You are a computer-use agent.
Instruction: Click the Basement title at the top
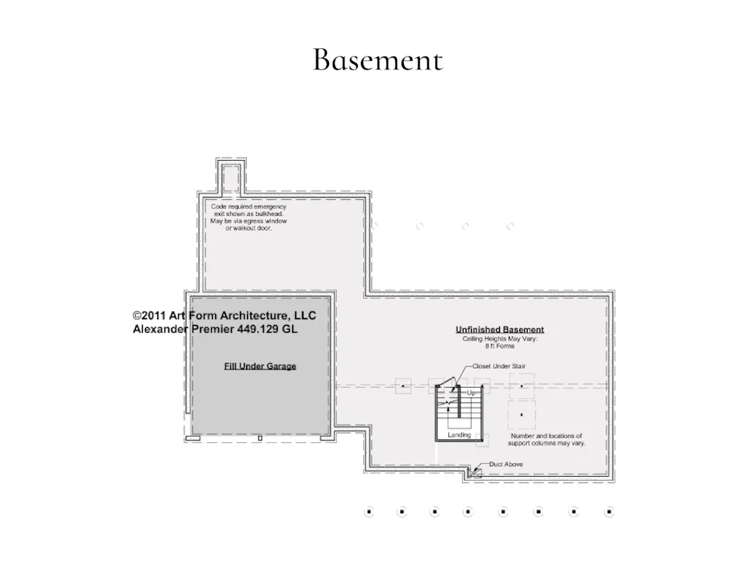[x=377, y=60]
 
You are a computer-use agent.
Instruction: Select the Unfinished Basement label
[x=500, y=330]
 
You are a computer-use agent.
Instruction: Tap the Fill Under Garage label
[x=260, y=367]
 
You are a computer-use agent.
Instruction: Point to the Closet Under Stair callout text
[x=499, y=367]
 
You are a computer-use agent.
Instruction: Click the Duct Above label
[x=506, y=465]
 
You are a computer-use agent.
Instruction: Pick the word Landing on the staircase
[x=459, y=435]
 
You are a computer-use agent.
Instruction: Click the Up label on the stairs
[x=471, y=393]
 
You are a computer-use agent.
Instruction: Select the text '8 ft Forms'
[x=500, y=346]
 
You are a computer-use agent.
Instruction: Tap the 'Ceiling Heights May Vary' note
[x=500, y=339]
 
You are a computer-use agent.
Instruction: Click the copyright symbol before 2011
[x=137, y=316]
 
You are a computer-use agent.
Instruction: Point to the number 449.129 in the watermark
[x=257, y=329]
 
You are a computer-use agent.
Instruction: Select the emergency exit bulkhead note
[x=248, y=217]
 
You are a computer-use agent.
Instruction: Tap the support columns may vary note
[x=547, y=439]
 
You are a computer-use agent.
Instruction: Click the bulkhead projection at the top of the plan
[x=231, y=177]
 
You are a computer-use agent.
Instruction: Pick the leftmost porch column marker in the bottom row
[x=369, y=511]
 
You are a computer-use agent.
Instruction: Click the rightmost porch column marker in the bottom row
[x=609, y=511]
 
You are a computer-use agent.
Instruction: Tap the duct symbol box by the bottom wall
[x=475, y=473]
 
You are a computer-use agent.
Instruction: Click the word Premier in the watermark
[x=213, y=329]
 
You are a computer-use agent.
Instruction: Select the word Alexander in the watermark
[x=160, y=329]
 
